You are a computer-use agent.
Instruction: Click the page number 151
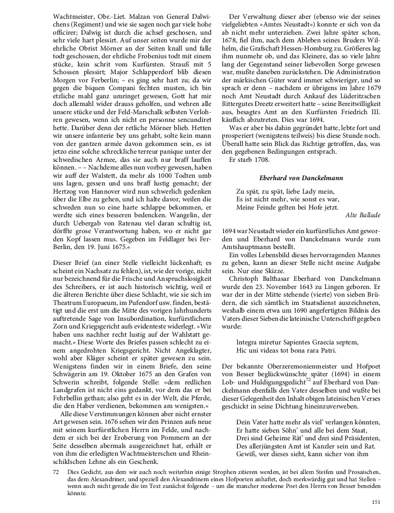(x=376, y=501)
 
